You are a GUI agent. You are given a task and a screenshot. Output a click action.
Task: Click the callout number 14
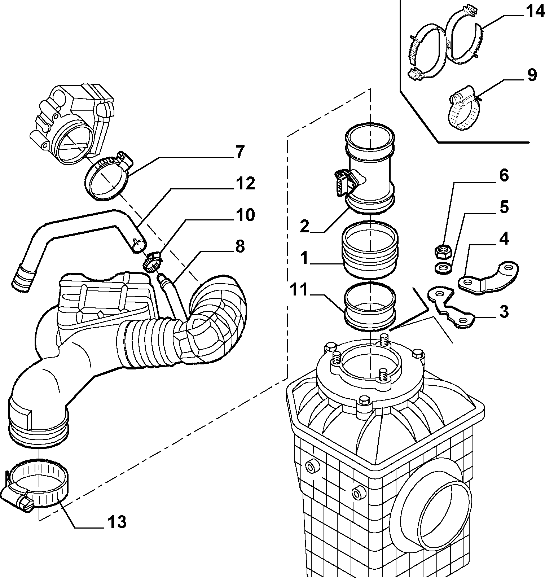tap(534, 12)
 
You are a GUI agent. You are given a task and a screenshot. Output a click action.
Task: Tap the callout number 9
tap(532, 75)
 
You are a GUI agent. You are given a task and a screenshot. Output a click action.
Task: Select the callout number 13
tap(117, 521)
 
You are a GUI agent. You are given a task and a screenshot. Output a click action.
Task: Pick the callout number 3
tap(504, 311)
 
